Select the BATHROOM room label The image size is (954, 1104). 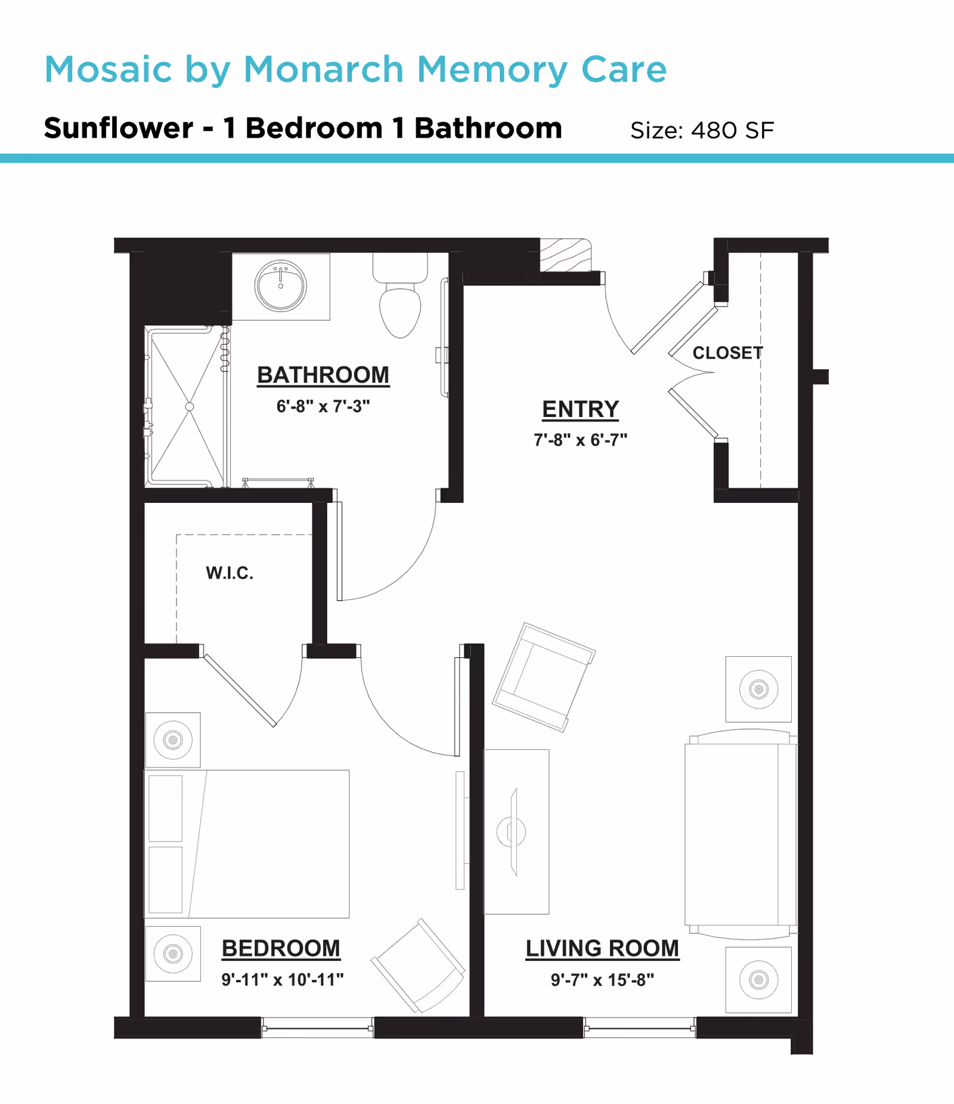(323, 375)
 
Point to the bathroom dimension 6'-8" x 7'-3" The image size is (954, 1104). (323, 407)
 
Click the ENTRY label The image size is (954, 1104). (580, 409)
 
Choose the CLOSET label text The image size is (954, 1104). (727, 353)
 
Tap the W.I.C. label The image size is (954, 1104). (230, 573)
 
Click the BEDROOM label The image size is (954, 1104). (281, 948)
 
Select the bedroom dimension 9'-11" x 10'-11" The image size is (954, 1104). (283, 980)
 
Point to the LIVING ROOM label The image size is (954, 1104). (602, 948)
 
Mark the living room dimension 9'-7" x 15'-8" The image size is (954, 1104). (602, 980)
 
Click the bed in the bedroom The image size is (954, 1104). (247, 844)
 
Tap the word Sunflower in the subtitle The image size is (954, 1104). (119, 129)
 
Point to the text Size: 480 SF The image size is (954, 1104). (702, 131)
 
